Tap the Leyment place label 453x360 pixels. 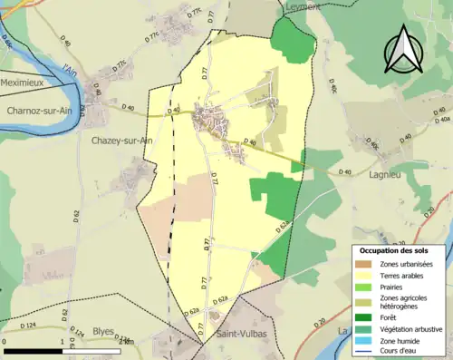tap(301, 6)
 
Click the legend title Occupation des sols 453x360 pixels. tap(396, 249)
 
